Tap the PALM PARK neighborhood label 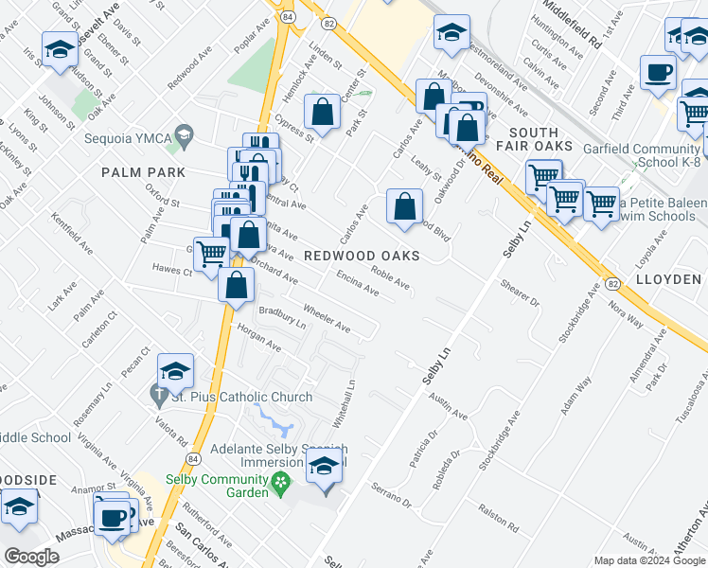pyautogui.click(x=144, y=172)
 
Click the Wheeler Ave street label pyautogui.click(x=327, y=319)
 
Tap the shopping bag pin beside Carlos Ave pyautogui.click(x=404, y=205)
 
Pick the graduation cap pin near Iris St pyautogui.click(x=60, y=49)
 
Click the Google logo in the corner pyautogui.click(x=31, y=557)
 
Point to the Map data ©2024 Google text pyautogui.click(x=648, y=560)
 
